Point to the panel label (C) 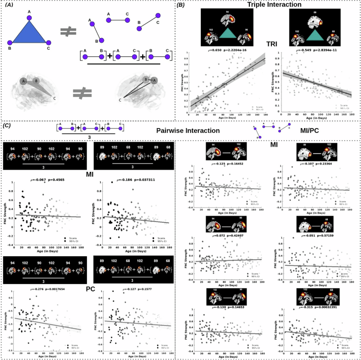coord(7,125)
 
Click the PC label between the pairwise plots coord(90,288)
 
